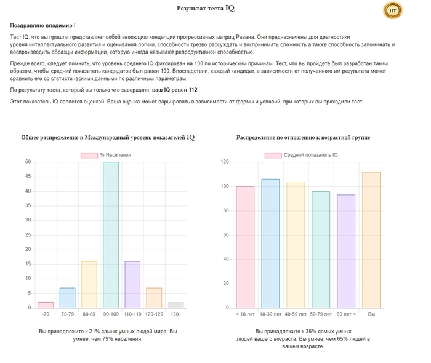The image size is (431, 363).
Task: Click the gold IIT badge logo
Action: coord(393,10)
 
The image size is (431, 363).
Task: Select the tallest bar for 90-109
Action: coord(111,235)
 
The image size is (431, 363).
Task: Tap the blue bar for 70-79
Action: coord(67,298)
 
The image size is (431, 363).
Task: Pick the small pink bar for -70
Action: coord(46,305)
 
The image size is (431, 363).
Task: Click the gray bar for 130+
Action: coord(176,305)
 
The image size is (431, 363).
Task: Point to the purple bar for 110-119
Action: coord(132,285)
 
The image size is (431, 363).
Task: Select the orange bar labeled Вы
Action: coord(371,240)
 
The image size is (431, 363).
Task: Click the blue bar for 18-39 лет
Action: coord(270,244)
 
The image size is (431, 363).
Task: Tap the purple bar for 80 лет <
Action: coord(346,252)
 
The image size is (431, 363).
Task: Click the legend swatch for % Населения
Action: coord(89,156)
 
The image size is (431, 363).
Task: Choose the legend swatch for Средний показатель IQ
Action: coord(273,156)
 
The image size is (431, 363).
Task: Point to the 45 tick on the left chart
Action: coord(28,177)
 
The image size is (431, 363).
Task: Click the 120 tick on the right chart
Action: coord(225,162)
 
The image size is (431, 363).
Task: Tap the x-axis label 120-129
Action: coord(154,314)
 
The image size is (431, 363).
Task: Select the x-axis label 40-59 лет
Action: coord(296,314)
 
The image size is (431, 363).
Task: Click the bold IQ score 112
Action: coord(193,90)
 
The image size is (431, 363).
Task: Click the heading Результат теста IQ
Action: coord(206,8)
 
